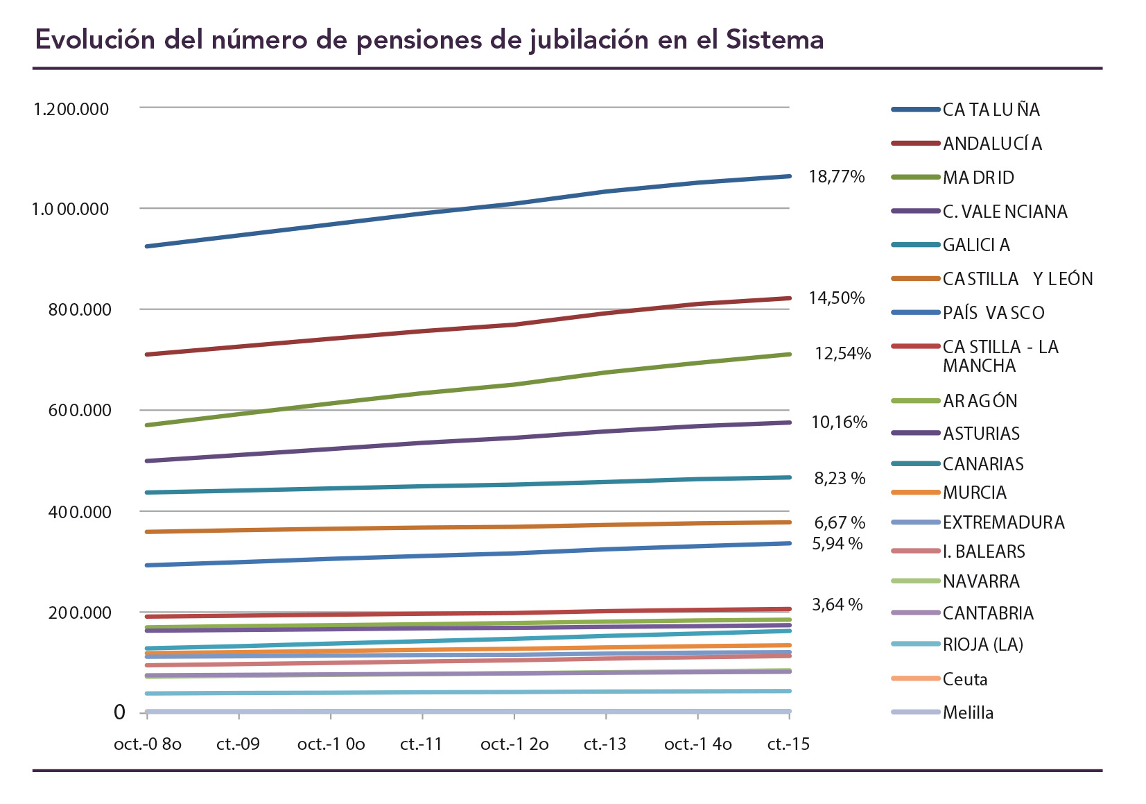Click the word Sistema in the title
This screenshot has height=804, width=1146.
click(x=774, y=40)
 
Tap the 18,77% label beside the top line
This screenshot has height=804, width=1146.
click(x=836, y=177)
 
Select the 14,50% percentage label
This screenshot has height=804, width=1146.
click(x=836, y=298)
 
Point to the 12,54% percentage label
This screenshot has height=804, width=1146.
click(x=842, y=354)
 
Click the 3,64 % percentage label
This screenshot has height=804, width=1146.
click(x=837, y=605)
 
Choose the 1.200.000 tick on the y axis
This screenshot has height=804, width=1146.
click(x=71, y=109)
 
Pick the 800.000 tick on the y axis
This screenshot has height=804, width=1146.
click(x=79, y=309)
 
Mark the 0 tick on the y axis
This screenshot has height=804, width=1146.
click(x=119, y=712)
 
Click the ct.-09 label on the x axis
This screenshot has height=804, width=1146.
click(x=238, y=744)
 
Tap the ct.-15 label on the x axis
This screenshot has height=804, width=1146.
click(x=788, y=744)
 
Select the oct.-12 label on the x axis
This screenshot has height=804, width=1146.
click(x=514, y=744)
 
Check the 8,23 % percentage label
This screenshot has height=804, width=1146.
click(x=839, y=479)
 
